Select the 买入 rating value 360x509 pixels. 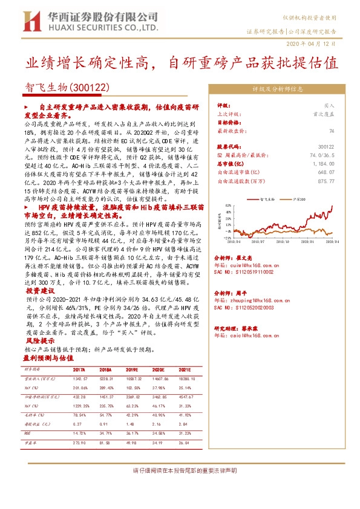click(x=329, y=105)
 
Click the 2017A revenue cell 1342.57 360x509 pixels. click(x=79, y=378)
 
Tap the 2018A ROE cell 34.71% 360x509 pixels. click(x=107, y=433)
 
